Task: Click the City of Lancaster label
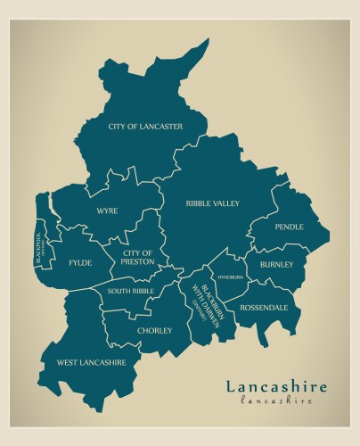click(x=145, y=127)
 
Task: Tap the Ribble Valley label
click(x=212, y=203)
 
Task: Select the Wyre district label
click(x=108, y=211)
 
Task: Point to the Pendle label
click(x=289, y=227)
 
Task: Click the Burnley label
click(x=276, y=265)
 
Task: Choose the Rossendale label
click(x=265, y=307)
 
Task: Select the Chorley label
click(x=154, y=330)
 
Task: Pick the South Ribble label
click(x=131, y=292)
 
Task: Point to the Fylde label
click(x=80, y=263)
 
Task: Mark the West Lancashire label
click(x=91, y=362)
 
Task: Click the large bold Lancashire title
click(x=275, y=386)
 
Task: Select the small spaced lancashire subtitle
click(x=276, y=401)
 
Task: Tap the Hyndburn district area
click(x=228, y=267)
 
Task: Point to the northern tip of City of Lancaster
click(x=206, y=41)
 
